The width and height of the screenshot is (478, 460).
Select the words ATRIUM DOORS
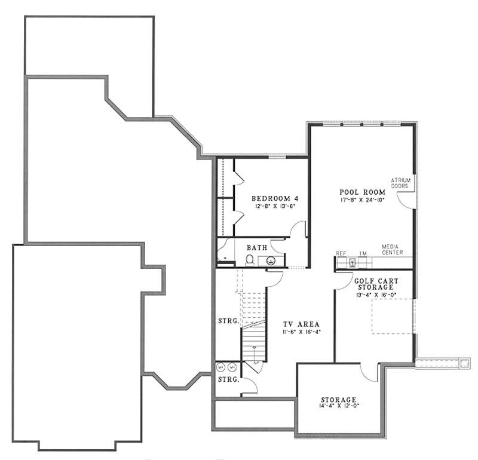(399, 183)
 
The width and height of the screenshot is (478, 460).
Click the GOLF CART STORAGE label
(376, 283)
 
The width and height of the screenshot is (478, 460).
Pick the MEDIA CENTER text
(392, 250)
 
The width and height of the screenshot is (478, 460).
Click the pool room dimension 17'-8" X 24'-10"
(361, 200)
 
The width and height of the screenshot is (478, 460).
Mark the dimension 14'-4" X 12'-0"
(338, 406)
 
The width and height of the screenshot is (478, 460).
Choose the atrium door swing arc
(407, 200)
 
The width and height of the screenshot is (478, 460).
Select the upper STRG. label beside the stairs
(229, 321)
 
